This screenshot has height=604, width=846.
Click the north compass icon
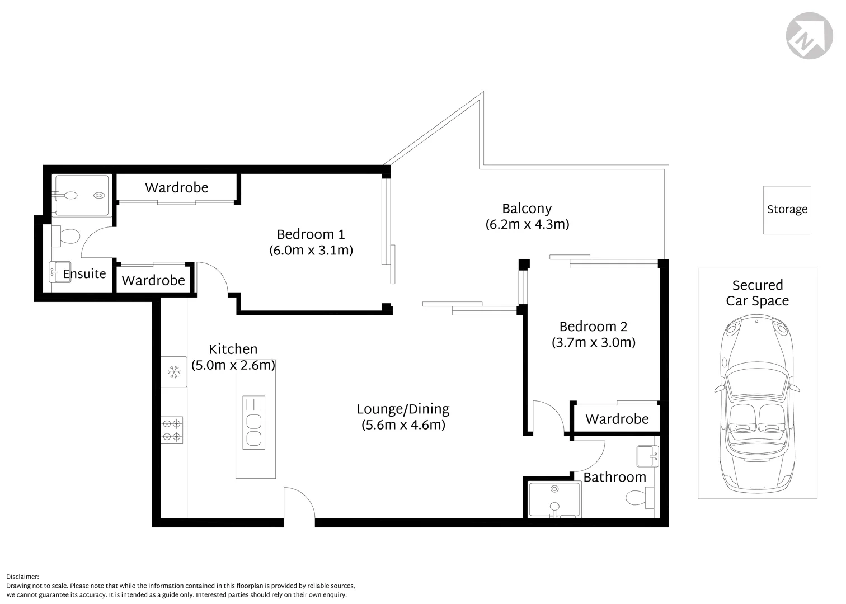809,35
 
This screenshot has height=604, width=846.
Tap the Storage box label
787,209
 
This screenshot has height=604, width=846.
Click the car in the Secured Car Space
757,403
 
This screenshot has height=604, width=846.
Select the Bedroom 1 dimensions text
311,250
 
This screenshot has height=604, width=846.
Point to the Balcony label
527,209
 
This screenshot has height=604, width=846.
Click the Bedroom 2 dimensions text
593,342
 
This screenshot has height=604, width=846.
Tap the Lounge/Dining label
403,409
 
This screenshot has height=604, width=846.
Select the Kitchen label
233,349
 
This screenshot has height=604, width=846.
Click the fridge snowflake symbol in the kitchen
174,372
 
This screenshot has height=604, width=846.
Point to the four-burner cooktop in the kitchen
172,430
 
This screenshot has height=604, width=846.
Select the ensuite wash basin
59,272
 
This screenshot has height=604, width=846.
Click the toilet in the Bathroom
640,497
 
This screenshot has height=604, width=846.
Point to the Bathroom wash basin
648,456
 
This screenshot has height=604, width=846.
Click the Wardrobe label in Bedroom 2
617,419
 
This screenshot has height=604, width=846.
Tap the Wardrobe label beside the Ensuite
153,280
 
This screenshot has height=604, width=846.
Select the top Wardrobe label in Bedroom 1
176,187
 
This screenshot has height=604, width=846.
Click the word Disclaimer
22,577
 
